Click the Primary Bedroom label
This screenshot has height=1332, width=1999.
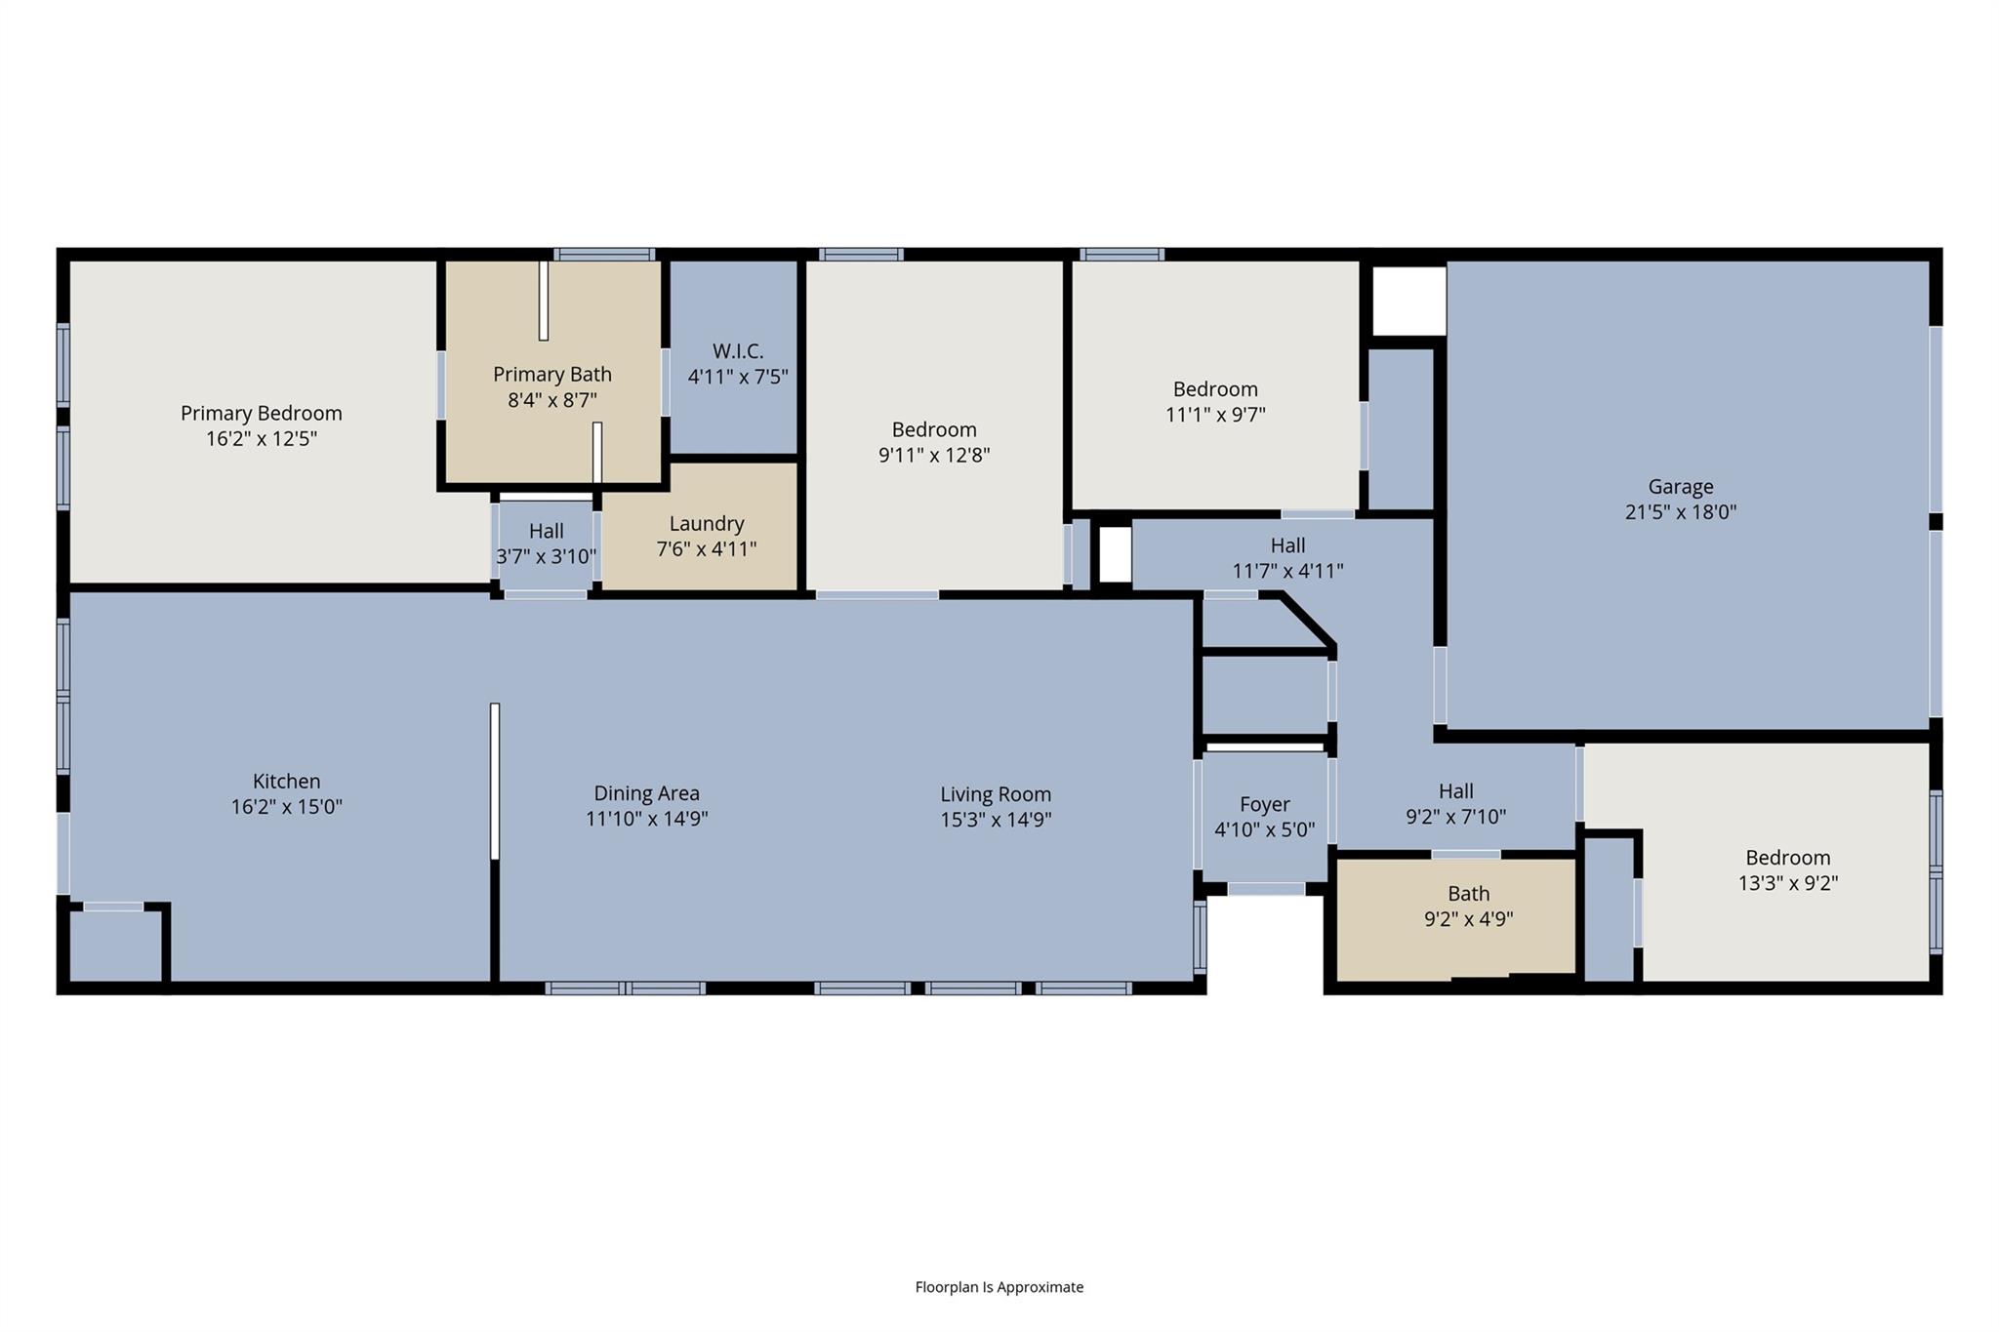(261, 413)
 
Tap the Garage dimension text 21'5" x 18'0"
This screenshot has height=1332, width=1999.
(1680, 511)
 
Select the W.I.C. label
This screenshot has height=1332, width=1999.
(737, 351)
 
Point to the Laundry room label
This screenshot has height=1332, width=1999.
(707, 523)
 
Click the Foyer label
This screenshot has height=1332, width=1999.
(1264, 804)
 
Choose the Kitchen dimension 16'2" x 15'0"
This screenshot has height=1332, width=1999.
(286, 807)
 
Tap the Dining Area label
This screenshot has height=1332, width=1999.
(646, 793)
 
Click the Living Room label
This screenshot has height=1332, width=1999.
(995, 794)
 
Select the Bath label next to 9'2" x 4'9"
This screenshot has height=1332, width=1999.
(1468, 893)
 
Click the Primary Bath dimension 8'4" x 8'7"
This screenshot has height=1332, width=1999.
(551, 400)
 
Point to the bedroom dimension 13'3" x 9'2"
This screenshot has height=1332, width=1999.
(1787, 883)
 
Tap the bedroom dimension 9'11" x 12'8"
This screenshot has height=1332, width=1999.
(933, 455)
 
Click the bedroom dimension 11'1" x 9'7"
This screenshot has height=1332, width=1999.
(1214, 414)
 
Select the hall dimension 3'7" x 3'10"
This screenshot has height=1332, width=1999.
(546, 556)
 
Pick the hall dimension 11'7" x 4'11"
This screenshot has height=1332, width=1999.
(1287, 571)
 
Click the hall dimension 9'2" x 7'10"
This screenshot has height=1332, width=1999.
(1455, 817)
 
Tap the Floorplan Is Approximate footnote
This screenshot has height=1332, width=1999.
(999, 1287)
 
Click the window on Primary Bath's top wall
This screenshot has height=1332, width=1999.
(603, 255)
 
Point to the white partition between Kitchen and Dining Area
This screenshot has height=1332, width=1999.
(495, 781)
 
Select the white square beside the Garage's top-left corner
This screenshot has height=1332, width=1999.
(1408, 301)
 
